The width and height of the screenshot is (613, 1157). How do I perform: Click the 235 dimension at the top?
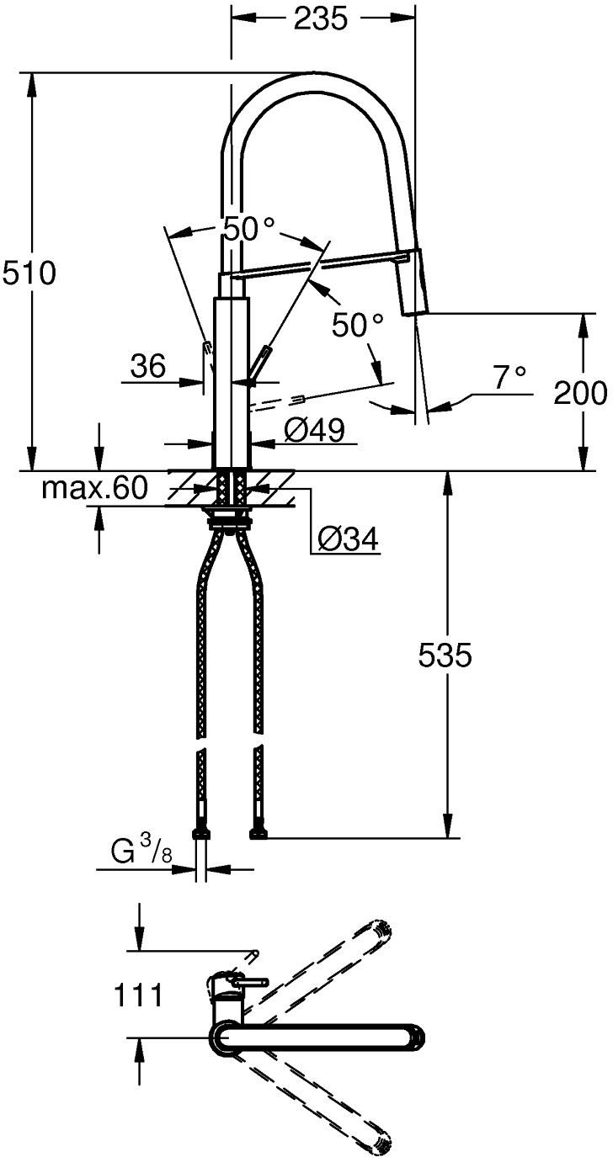click(321, 19)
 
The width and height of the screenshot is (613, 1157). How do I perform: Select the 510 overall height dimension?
click(29, 273)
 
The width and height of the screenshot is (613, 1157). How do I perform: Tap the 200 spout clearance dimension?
click(580, 394)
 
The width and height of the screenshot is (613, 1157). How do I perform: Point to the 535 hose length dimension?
click(445, 655)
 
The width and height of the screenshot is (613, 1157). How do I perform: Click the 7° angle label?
click(509, 378)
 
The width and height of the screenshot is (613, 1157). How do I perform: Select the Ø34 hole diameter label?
click(348, 539)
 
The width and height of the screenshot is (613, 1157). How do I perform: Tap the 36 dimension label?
click(148, 366)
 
